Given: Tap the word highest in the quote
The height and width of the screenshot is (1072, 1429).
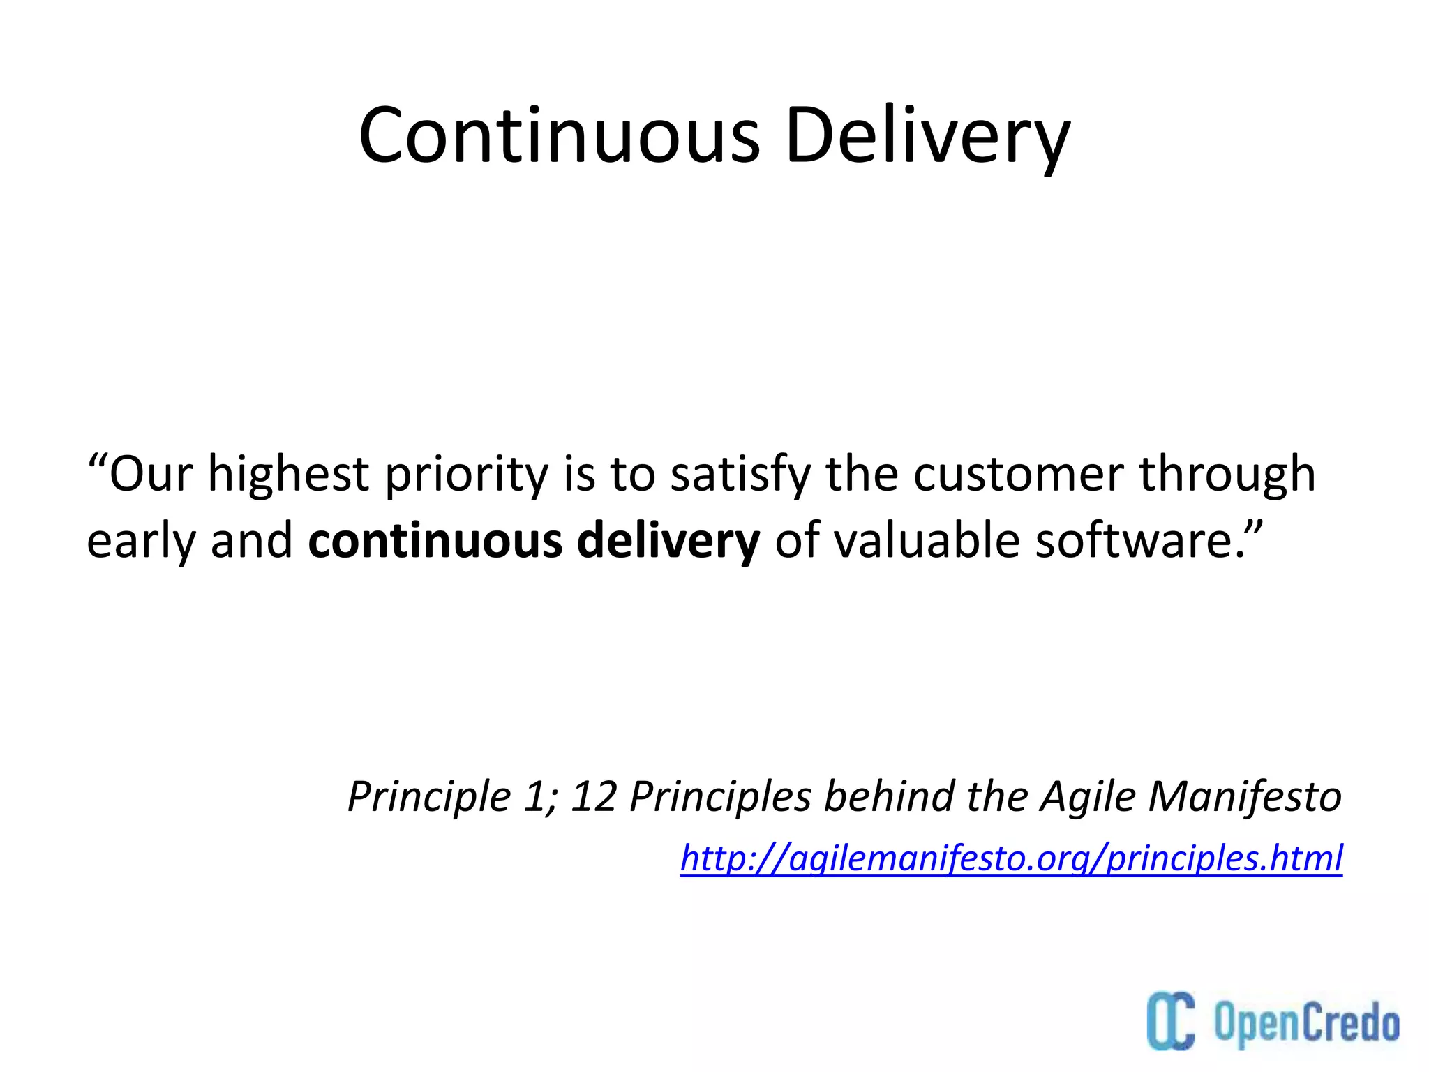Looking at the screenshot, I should pyautogui.click(x=288, y=475).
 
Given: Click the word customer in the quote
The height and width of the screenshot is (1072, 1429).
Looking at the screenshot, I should pyautogui.click(x=1018, y=475).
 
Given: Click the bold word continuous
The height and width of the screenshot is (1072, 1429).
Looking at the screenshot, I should pyautogui.click(x=435, y=541).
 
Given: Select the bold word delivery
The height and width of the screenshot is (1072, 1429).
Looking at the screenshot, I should pyautogui.click(x=668, y=542).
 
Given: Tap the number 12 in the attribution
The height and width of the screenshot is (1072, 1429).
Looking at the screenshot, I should pyautogui.click(x=593, y=796).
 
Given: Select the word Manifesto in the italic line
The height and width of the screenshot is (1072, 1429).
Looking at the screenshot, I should pyautogui.click(x=1245, y=796).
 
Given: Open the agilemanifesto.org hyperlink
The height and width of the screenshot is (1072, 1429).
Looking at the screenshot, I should pyautogui.click(x=1011, y=858).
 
